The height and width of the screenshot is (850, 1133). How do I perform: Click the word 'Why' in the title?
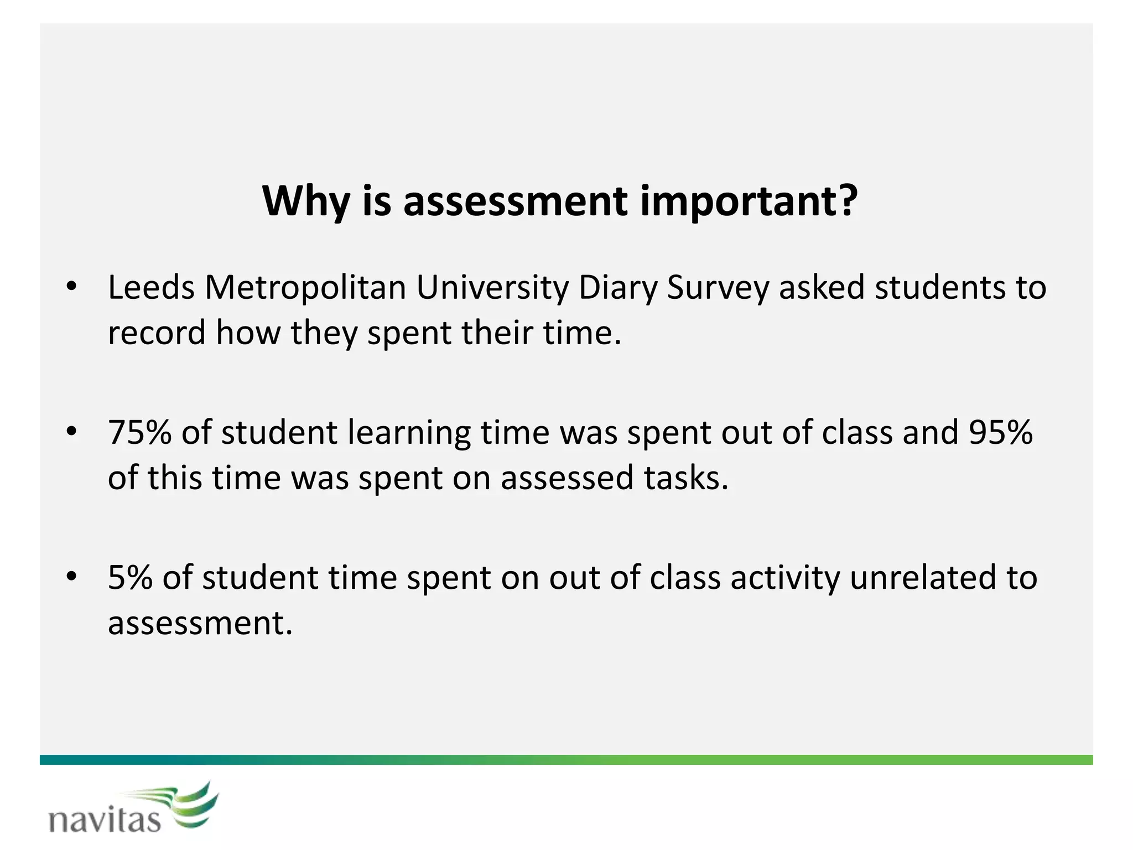(x=305, y=201)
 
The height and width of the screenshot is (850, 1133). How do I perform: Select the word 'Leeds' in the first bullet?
(x=151, y=288)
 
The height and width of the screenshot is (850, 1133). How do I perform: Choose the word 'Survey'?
(x=718, y=289)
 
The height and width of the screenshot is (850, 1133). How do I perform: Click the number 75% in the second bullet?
(x=139, y=432)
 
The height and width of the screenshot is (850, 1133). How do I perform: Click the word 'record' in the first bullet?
(x=157, y=333)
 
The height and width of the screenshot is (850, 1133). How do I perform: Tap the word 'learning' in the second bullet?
(x=409, y=433)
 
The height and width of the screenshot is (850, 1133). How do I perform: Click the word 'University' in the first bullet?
(x=492, y=289)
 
